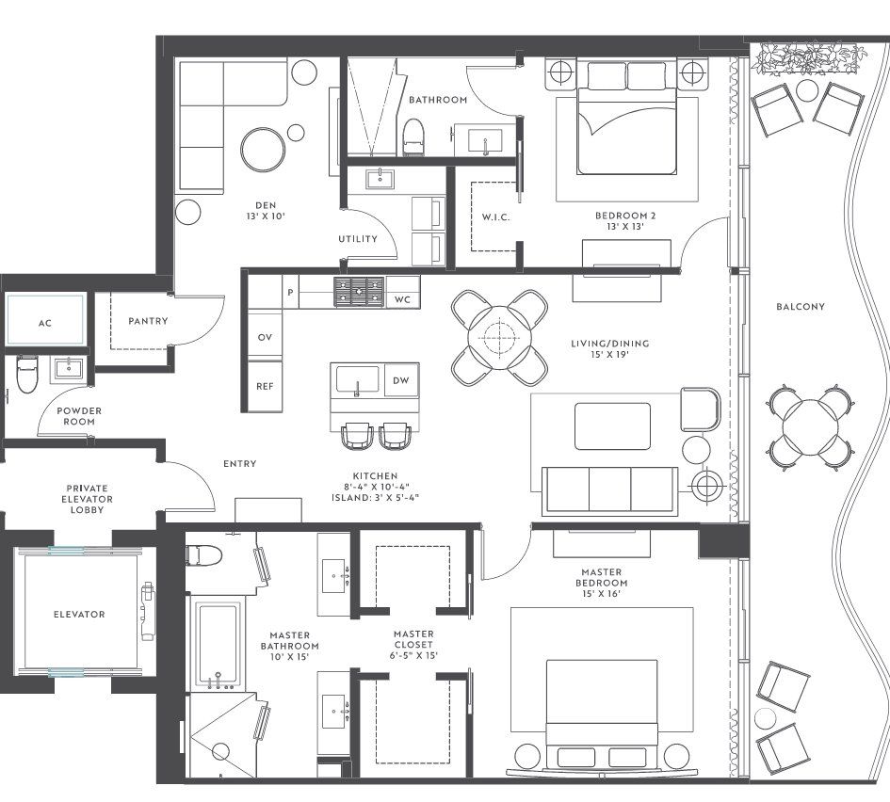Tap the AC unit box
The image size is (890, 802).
coord(45,322)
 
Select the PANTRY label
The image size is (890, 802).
coord(148,321)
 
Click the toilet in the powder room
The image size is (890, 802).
coord(26,374)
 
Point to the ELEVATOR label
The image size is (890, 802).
coord(78,615)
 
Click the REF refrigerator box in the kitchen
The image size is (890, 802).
coord(265,386)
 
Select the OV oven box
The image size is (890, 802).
coord(265,337)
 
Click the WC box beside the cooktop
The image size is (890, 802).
coord(403,299)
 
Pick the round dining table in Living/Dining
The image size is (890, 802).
coord(499,337)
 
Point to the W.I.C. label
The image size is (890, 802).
coord(495,218)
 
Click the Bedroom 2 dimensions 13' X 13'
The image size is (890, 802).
coord(624,227)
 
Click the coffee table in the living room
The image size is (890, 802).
coord(612,426)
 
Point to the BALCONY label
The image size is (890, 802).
coord(801,306)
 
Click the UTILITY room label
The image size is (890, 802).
coord(357,239)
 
